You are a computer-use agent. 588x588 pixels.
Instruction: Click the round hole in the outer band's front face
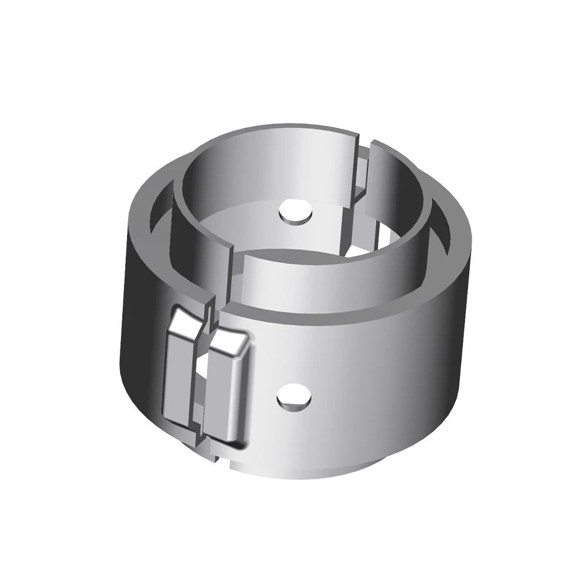294,397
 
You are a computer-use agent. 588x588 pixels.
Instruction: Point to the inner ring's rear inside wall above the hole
265,171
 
